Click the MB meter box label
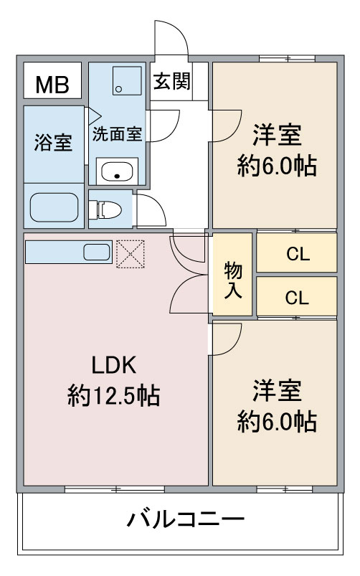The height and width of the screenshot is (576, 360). pos(52,85)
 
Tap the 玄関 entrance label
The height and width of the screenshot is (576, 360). pos(172,81)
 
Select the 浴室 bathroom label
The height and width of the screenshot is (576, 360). pos(53,142)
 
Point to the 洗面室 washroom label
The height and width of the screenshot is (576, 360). pos(117,134)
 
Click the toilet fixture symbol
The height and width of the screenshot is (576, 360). pos(105,209)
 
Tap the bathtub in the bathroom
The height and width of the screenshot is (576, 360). pos(54,207)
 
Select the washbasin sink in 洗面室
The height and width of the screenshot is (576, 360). pos(117,171)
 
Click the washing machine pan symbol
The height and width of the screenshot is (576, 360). pos(127,81)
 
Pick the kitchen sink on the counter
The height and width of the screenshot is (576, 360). pos(97,252)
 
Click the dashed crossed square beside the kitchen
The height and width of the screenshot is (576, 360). pos(131,254)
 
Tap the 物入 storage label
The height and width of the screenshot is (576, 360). pos(233,280)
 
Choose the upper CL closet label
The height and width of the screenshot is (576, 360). pos(298,253)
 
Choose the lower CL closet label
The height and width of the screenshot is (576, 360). pos(297,298)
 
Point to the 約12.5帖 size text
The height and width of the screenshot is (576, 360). pos(113,396)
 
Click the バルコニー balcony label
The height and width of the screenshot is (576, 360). pos(186,519)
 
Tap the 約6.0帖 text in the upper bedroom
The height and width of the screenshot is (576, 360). pos(277,166)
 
